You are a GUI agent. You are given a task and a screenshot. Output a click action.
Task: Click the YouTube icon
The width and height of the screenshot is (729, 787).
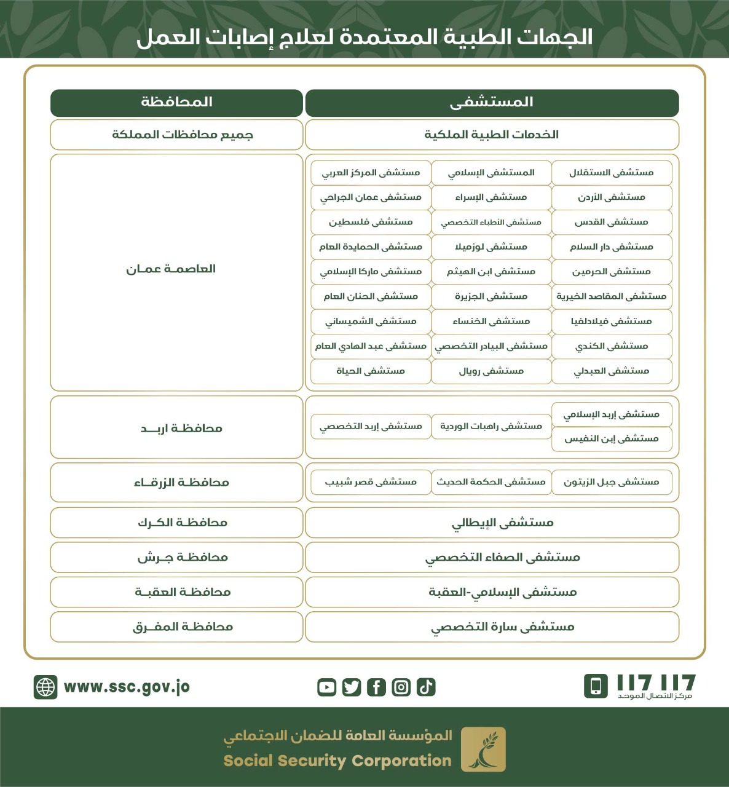(x=326, y=687)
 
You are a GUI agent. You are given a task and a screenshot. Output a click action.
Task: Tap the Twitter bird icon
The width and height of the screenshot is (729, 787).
(x=352, y=687)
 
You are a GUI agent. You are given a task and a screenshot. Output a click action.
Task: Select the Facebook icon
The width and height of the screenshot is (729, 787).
(x=376, y=687)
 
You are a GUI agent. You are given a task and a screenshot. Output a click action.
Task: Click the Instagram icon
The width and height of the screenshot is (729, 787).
(x=401, y=687)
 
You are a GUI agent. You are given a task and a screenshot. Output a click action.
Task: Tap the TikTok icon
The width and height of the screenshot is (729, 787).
(x=426, y=687)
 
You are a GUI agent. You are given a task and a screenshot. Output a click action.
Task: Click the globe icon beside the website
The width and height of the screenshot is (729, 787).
(x=45, y=687)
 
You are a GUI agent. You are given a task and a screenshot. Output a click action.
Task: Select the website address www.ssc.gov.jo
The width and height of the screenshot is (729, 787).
(x=127, y=687)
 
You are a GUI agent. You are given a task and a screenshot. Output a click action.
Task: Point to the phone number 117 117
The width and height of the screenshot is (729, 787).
(x=655, y=682)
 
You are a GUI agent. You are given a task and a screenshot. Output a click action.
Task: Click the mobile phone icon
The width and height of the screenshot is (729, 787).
(x=596, y=686)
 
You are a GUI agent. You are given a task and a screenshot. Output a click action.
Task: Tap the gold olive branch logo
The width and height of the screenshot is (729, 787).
(x=483, y=749)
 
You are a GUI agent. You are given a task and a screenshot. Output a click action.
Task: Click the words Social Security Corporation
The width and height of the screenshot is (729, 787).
(x=337, y=761)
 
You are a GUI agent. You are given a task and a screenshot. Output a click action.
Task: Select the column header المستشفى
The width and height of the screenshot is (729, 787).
(x=492, y=103)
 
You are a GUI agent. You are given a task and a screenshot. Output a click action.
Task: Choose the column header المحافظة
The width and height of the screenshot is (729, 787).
(x=176, y=103)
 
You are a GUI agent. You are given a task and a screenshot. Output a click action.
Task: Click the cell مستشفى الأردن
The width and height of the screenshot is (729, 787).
(x=612, y=197)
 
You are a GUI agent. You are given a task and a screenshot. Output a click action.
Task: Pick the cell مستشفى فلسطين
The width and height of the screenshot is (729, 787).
(x=371, y=222)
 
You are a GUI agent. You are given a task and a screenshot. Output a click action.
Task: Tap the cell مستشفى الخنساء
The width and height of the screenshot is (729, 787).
(x=491, y=321)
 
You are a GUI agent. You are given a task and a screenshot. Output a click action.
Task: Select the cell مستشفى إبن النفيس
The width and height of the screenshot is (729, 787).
(x=612, y=439)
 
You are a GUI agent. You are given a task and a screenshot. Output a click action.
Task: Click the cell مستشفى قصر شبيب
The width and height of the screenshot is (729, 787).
(x=371, y=482)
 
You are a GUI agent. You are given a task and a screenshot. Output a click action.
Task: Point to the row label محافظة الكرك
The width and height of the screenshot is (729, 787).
(x=182, y=523)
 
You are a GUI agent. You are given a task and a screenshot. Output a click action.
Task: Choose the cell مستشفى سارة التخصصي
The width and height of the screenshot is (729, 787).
(x=502, y=627)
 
